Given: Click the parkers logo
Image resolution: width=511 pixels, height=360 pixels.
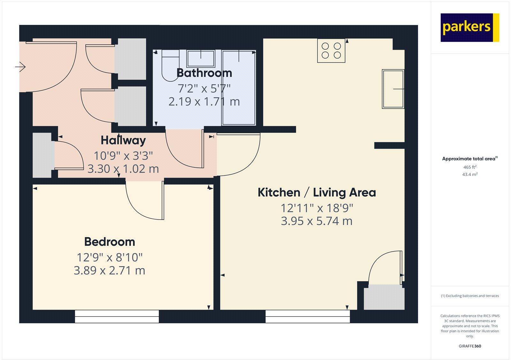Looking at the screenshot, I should point(469,27).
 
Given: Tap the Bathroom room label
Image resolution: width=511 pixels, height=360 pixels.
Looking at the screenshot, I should point(204,73).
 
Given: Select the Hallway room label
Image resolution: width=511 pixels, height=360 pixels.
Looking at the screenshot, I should point(123,140).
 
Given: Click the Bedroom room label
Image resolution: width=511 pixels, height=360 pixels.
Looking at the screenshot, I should point(110,242).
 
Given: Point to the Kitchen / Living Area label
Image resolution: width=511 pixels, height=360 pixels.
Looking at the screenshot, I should point(317,193).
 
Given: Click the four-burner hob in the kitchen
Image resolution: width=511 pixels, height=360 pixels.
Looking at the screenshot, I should point(331,50).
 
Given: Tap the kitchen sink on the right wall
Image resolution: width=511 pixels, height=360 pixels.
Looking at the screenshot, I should point(393,89).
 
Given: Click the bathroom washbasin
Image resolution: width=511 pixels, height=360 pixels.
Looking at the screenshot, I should point(201,58).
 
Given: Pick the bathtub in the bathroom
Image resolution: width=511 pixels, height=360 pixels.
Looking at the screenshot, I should point(239,88).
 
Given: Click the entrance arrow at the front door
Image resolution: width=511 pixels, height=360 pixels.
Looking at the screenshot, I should point(20,67).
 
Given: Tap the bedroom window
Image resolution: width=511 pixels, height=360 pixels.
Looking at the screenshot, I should point(117,316).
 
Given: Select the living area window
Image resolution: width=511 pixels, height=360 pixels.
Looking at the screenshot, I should point(308,316).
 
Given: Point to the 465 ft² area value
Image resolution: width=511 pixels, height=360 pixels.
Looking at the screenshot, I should point(470,167).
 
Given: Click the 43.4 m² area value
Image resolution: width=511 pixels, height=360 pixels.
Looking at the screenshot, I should point(470,175).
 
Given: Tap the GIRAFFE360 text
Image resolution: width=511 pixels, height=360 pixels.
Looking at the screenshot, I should point(470,346).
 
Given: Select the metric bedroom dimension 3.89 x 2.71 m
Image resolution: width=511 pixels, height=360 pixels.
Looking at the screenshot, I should point(110,271).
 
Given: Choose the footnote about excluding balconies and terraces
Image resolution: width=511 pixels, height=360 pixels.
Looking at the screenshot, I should point(470,296).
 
